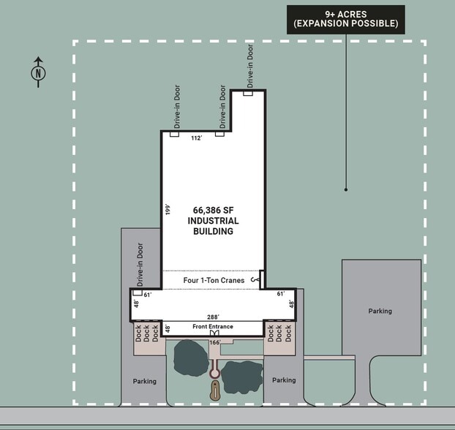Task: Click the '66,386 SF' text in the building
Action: [x=213, y=209]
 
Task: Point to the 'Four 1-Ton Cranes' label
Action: [x=214, y=280]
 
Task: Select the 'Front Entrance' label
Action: [x=213, y=326]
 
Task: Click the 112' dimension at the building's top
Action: [x=196, y=137]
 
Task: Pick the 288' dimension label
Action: [x=213, y=317]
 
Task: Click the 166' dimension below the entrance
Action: [x=215, y=342]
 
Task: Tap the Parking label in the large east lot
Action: [x=380, y=311]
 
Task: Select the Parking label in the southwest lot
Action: [x=145, y=381]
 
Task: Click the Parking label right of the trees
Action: [x=284, y=380]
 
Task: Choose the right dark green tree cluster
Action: [x=241, y=376]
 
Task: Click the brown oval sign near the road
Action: [x=215, y=391]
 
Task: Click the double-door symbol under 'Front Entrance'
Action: [x=214, y=333]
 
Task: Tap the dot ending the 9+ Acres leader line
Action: [x=346, y=189]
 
